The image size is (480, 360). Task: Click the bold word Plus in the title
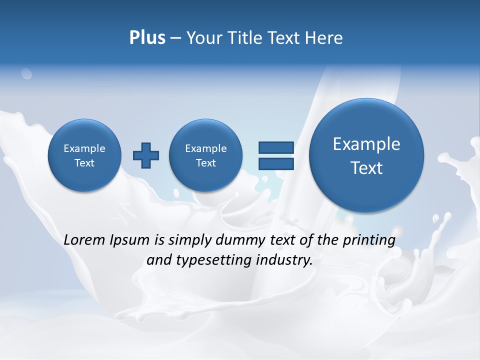[x=147, y=38]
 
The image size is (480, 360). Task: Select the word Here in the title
[x=323, y=38]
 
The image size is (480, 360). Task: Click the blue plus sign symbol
[x=146, y=155]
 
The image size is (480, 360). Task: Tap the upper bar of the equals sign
[x=276, y=147]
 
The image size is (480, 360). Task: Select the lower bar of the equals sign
[x=276, y=164]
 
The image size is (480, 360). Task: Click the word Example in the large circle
[x=366, y=144]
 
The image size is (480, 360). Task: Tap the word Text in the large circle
[x=366, y=168]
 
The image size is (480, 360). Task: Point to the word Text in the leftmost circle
[x=84, y=163]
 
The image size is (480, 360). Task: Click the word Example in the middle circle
[x=205, y=148]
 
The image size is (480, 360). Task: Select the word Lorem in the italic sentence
[x=85, y=240]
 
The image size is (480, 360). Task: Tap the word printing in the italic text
[x=369, y=240]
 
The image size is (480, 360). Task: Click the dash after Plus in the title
[x=175, y=38]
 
